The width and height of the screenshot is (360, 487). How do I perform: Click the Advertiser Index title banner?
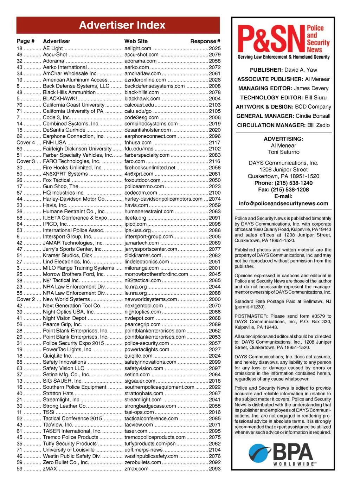pyautogui.click(x=118, y=25)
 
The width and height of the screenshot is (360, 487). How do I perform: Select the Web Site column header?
pyautogui.click(x=136, y=41)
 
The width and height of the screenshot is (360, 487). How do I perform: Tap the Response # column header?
pyautogui.click(x=205, y=41)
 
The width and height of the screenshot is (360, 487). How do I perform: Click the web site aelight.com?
pyautogui.click(x=138, y=48)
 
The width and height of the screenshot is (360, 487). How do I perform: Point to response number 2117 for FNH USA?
pyautogui.click(x=215, y=143)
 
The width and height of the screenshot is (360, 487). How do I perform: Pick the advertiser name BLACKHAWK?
pyautogui.click(x=60, y=99)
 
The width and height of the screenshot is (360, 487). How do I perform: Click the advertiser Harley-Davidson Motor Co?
pyautogui.click(x=74, y=199)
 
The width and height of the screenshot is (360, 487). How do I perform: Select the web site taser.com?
pyautogui.click(x=136, y=431)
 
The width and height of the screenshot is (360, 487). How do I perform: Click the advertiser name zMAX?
pyautogui.click(x=50, y=469)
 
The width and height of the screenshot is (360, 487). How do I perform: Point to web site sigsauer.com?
pyautogui.click(x=140, y=381)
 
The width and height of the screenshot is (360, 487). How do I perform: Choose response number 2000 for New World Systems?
pyautogui.click(x=215, y=299)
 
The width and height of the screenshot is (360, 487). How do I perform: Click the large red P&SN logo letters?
pyautogui.click(x=271, y=39)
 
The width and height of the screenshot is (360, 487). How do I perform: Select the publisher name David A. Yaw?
pyautogui.click(x=301, y=70)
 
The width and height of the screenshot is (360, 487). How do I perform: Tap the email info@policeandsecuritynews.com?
pyautogui.click(x=283, y=203)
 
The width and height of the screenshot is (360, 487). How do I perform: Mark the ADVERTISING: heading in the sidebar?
pyautogui.click(x=283, y=139)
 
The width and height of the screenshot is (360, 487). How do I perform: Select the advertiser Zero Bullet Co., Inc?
pyautogui.click(x=66, y=462)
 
